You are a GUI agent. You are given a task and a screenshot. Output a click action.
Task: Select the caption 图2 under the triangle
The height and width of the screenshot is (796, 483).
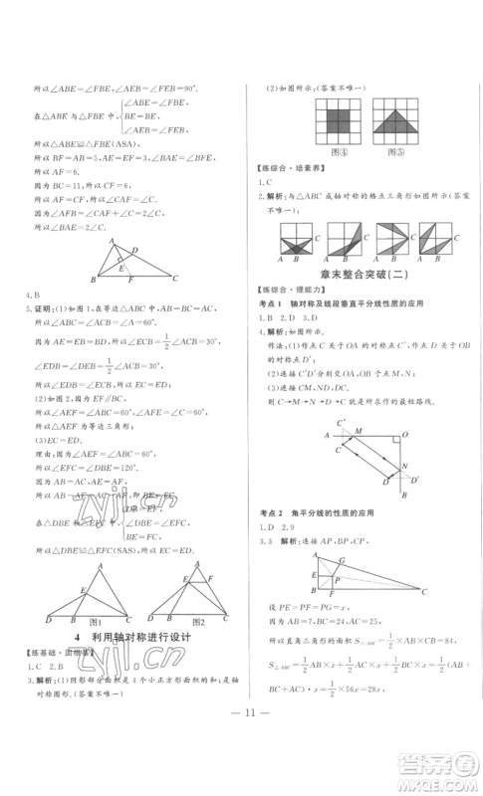click(x=195, y=650)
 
